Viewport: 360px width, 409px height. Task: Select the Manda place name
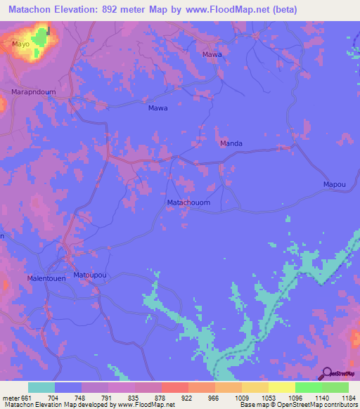click(x=231, y=143)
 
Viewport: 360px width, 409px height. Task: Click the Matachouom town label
click(x=188, y=203)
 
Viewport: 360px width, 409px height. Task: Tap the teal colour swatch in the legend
click(x=41, y=387)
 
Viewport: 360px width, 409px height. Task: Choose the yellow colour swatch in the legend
click(x=281, y=387)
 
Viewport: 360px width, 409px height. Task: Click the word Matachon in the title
click(x=32, y=9)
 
